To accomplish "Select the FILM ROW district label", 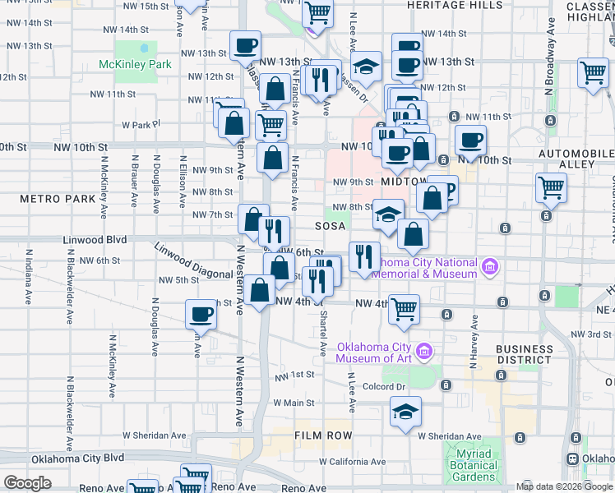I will tap(323, 435).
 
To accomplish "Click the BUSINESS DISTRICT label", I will tap(525, 354).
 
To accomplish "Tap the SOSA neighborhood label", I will tap(330, 225).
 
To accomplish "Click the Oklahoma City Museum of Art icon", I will tap(424, 352).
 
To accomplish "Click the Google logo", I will tap(27, 483).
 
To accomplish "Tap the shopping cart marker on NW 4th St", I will tap(404, 309).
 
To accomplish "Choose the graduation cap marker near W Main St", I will tap(405, 411).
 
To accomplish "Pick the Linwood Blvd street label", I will tap(95, 240).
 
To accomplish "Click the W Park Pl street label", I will tap(138, 125).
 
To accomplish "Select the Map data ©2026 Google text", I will tap(563, 486).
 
